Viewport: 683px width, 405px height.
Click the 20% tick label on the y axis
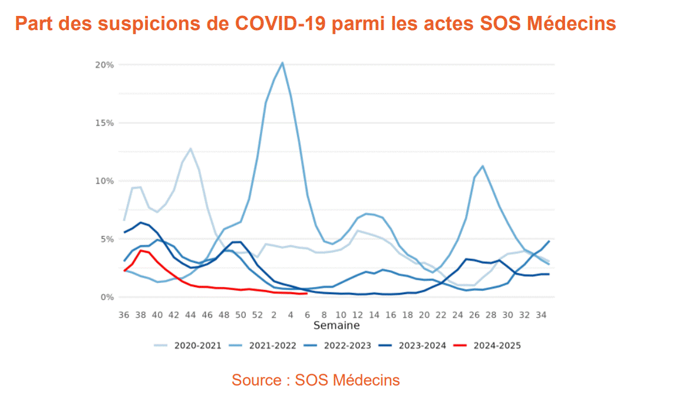click(x=104, y=65)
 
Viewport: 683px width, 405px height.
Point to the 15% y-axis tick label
click(x=104, y=123)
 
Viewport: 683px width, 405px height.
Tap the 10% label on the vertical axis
click(x=104, y=181)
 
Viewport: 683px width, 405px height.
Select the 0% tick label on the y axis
click(x=106, y=297)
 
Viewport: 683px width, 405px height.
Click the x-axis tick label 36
click(x=124, y=315)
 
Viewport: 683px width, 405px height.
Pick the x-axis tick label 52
click(x=258, y=315)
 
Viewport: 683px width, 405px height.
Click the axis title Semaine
click(x=336, y=325)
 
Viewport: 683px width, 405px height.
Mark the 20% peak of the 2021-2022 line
click(x=282, y=62)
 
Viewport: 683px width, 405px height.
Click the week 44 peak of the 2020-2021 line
click(x=190, y=149)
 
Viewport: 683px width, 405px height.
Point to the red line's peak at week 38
click(x=140, y=251)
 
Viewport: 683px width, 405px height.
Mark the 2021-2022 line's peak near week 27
click(x=483, y=166)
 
